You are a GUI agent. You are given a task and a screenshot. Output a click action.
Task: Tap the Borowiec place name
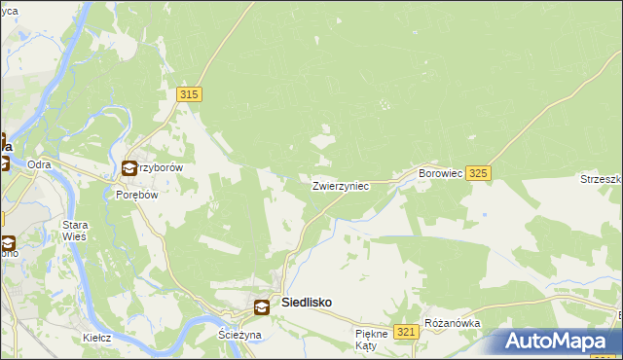(438, 172)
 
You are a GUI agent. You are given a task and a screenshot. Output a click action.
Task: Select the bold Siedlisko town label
(306, 303)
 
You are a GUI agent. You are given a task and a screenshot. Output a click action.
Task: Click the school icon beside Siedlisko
(262, 307)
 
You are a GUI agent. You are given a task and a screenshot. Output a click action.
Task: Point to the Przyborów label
(162, 167)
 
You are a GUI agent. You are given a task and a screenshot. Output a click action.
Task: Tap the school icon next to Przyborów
(130, 168)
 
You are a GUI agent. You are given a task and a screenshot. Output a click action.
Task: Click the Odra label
(39, 164)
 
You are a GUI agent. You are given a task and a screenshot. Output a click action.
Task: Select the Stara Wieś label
(75, 230)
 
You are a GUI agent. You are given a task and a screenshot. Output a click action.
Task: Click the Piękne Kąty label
(371, 340)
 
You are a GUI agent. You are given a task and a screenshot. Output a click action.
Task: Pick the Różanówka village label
(452, 323)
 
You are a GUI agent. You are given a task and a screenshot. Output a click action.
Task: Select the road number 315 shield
(189, 94)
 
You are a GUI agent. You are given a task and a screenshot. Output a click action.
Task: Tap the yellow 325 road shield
(477, 173)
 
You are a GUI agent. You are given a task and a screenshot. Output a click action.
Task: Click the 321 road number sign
(408, 332)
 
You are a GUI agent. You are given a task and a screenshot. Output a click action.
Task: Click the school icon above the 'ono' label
(8, 242)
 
